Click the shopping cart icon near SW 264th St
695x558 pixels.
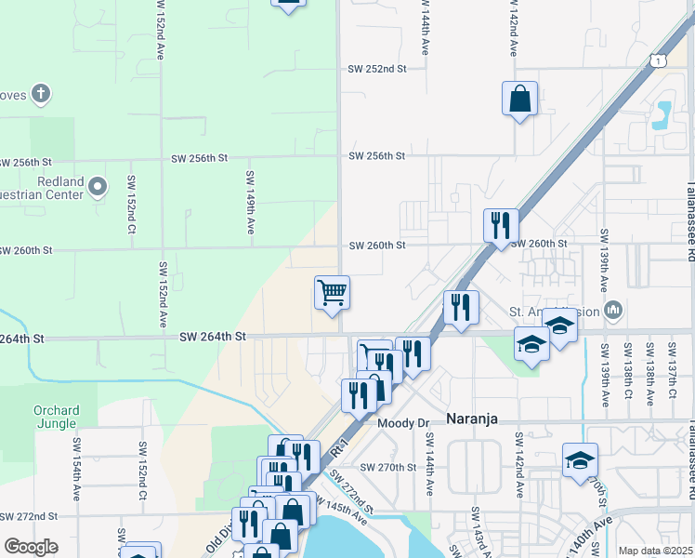coord(332,292)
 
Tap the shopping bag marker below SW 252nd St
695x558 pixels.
coord(519,98)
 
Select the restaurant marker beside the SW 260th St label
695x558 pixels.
coord(500,224)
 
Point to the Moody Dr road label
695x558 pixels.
coord(402,422)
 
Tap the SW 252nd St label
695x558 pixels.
coord(377,69)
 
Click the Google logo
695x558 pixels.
coord(31,546)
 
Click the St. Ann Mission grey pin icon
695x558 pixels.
coord(612,309)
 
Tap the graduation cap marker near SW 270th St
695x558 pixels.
coord(580,459)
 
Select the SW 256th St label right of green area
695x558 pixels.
coord(377,156)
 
